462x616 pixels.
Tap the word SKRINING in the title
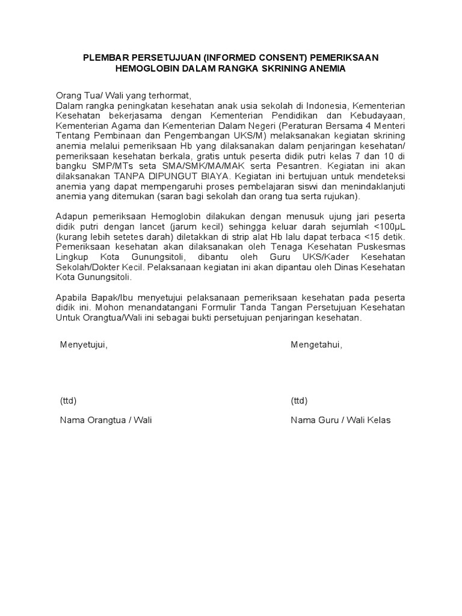[x=282, y=69]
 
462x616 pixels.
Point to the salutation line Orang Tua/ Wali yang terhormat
[x=123, y=95]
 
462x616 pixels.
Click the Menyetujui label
[x=84, y=345]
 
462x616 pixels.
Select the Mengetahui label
[x=316, y=345]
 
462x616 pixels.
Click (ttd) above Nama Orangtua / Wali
[x=68, y=401]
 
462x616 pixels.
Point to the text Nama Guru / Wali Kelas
[x=340, y=420]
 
